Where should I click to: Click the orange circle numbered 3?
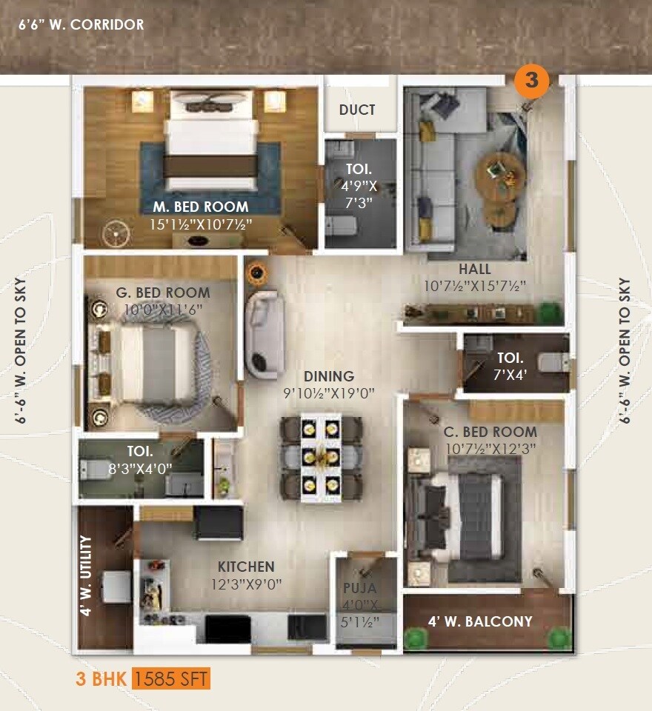point(532,79)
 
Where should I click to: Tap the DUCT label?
point(357,110)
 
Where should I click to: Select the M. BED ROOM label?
point(201,207)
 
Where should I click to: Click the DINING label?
point(329,376)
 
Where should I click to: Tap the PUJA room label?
point(359,589)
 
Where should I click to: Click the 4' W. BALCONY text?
point(480,621)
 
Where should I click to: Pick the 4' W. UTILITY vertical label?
point(86,577)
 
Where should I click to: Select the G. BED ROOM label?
point(163,293)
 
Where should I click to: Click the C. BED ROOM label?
point(490,432)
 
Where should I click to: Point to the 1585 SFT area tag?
point(172,678)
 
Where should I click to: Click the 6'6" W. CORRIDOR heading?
point(81,24)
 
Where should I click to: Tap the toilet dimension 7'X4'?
point(510,375)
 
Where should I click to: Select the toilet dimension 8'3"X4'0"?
point(139,468)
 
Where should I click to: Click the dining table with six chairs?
point(321,457)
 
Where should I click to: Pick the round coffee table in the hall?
point(500,171)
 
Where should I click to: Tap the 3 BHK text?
point(102,678)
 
